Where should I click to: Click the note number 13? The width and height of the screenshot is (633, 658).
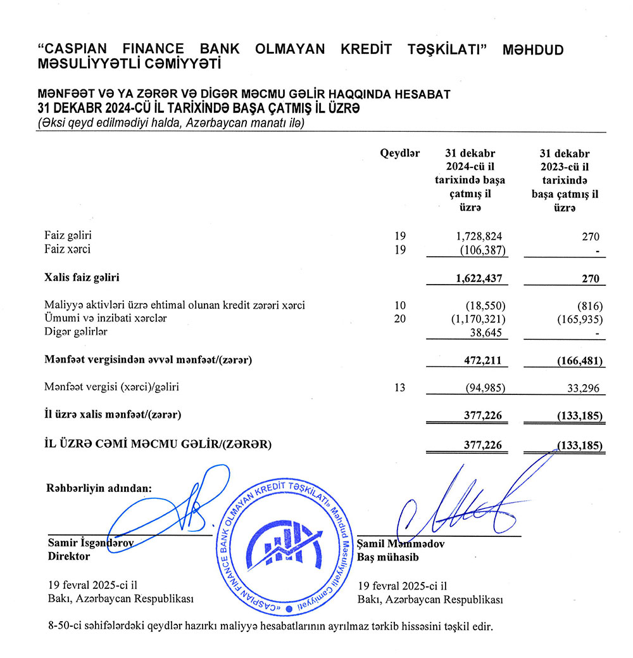point(399,387)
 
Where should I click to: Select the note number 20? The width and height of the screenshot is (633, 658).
point(399,318)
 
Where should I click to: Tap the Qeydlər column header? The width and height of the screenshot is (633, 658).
point(399,153)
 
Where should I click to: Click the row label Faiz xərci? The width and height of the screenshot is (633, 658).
point(68,249)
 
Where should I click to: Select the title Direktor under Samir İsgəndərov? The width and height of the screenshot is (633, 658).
point(69,556)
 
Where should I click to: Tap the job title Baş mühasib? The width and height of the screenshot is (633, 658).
point(388,556)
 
